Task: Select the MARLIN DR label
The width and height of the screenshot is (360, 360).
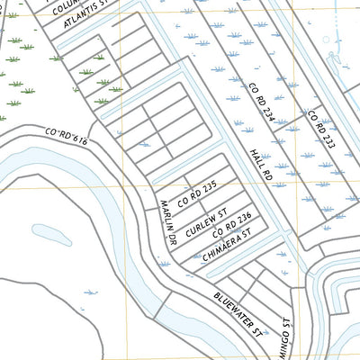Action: pos(166,223)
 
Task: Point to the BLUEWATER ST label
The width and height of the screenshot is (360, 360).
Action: pos(238,312)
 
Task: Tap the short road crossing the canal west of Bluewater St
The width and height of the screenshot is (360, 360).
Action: pos(165,308)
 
